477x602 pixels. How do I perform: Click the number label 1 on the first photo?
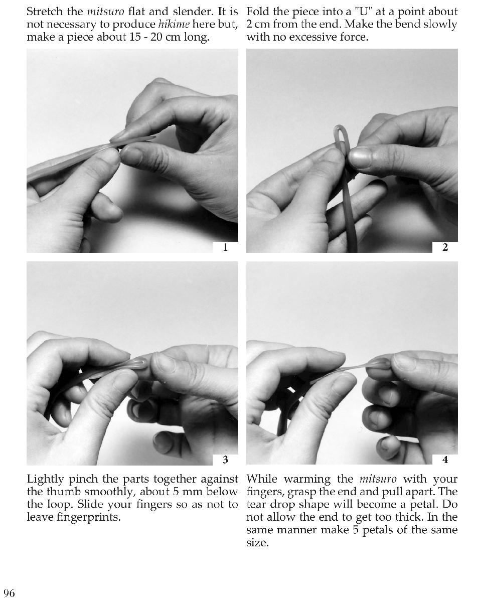225,247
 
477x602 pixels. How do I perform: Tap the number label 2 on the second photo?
445,247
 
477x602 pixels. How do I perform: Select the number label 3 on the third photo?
225,460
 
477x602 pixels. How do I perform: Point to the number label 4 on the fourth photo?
445,460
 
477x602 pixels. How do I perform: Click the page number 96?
9,593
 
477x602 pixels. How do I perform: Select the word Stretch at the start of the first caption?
45,12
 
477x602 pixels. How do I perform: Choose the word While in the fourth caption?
261,479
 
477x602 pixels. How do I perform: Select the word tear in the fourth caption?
255,504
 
